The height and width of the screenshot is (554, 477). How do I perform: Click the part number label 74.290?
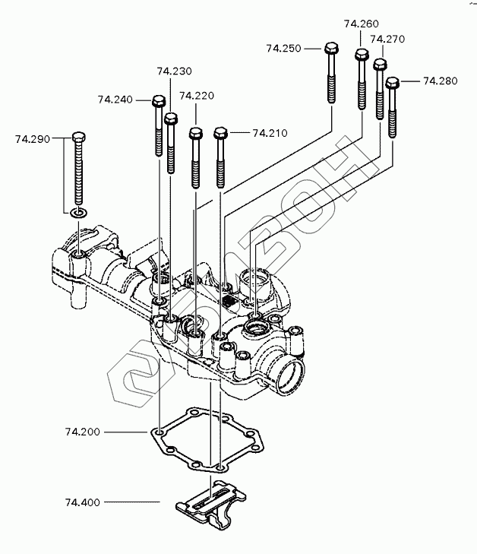(33, 139)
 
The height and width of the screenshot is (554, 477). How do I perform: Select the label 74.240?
(115, 100)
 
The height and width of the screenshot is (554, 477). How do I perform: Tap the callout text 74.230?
(175, 71)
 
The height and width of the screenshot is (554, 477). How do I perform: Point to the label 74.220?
(197, 96)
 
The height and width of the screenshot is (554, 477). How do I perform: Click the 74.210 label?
(270, 133)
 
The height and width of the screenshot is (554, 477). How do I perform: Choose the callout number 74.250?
(283, 49)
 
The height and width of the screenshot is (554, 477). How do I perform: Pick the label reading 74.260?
(362, 24)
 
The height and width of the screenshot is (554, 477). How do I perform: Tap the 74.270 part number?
(387, 39)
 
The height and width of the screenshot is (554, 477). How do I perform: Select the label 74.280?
(441, 81)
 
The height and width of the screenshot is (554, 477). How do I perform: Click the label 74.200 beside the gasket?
(83, 432)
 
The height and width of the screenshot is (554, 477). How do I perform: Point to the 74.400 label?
(83, 502)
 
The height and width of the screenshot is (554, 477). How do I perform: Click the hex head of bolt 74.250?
(331, 49)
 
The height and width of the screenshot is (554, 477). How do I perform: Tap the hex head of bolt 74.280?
(392, 84)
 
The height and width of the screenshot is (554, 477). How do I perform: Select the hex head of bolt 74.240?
(159, 101)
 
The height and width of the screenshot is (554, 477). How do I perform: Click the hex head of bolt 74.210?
(220, 134)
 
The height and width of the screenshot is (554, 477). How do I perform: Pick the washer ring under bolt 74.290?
(79, 213)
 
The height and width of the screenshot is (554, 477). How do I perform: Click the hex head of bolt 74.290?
(79, 137)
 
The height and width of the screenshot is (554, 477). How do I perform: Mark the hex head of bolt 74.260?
(362, 55)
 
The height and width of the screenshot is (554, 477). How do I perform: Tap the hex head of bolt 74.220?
(196, 134)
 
